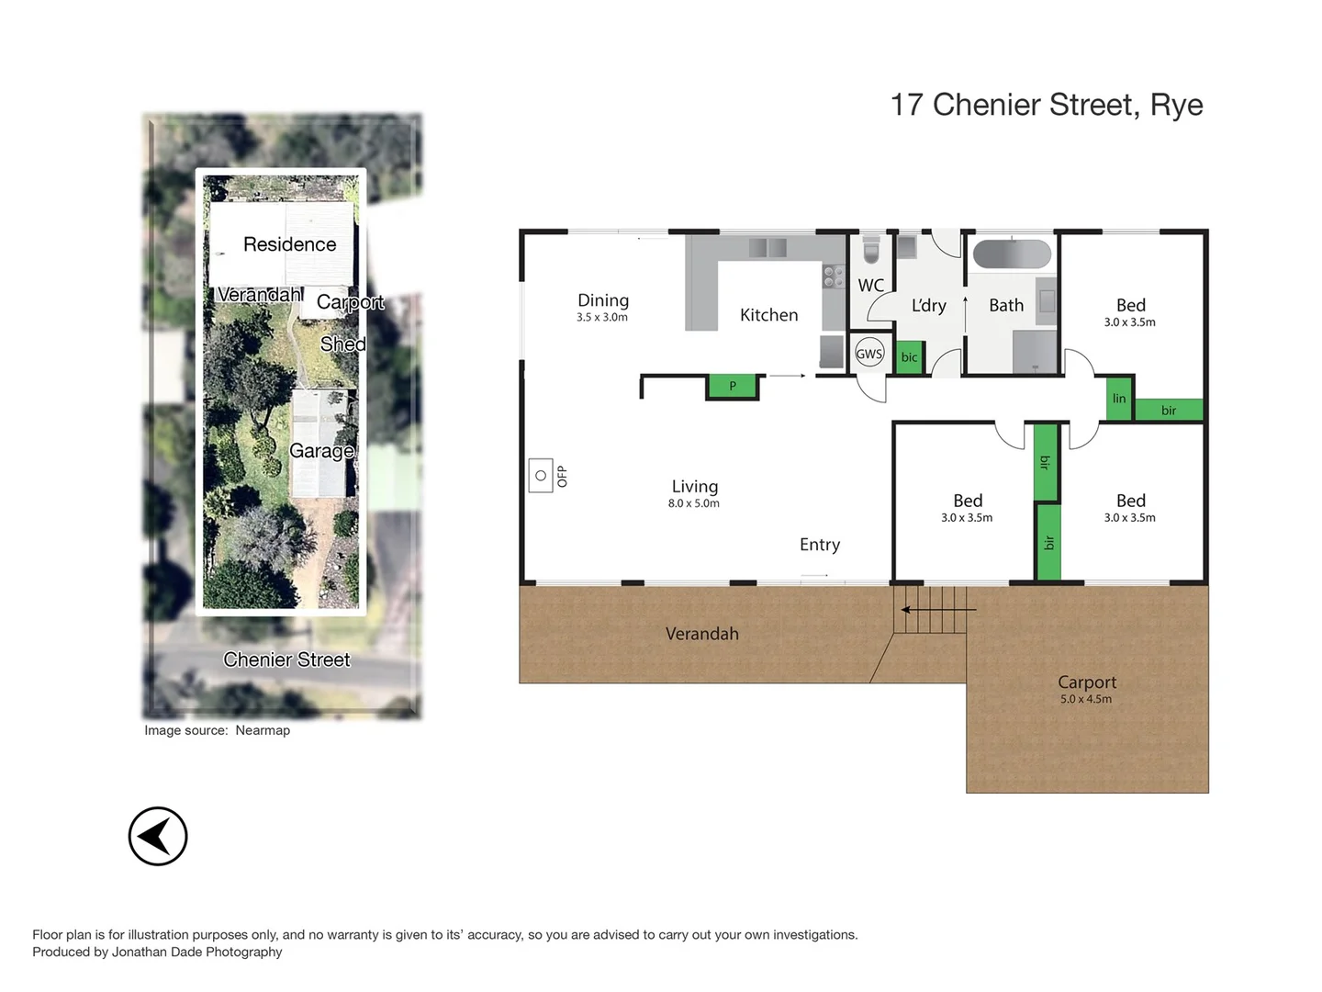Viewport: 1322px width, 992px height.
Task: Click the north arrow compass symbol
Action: pos(158,836)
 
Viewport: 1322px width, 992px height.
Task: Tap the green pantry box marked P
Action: pos(733,387)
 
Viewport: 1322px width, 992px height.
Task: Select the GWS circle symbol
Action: pos(868,354)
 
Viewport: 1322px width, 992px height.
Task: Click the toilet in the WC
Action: pos(870,250)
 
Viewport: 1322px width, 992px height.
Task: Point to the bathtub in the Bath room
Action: pos(1012,254)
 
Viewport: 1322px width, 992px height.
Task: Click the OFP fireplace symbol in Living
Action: pos(541,476)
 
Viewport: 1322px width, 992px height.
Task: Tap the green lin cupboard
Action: pos(1118,399)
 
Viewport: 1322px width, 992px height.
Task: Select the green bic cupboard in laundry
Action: pos(909,357)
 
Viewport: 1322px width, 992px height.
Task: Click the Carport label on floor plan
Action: pos(1087,682)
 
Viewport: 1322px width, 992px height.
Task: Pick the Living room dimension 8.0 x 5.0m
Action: pos(694,503)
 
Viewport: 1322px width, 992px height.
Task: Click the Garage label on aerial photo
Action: pos(321,451)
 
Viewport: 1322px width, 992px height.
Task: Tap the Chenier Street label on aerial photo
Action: pos(286,659)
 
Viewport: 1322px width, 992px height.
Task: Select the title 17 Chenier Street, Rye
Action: pos(1047,105)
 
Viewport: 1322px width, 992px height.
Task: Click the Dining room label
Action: pos(603,300)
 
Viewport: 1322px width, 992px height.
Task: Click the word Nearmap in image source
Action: pos(263,730)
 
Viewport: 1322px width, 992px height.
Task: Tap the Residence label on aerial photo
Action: pos(289,244)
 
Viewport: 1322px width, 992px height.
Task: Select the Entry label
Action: pos(820,545)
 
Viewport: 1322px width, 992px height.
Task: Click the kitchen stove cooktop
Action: pos(833,276)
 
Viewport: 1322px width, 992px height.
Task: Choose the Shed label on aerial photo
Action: pos(342,344)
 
